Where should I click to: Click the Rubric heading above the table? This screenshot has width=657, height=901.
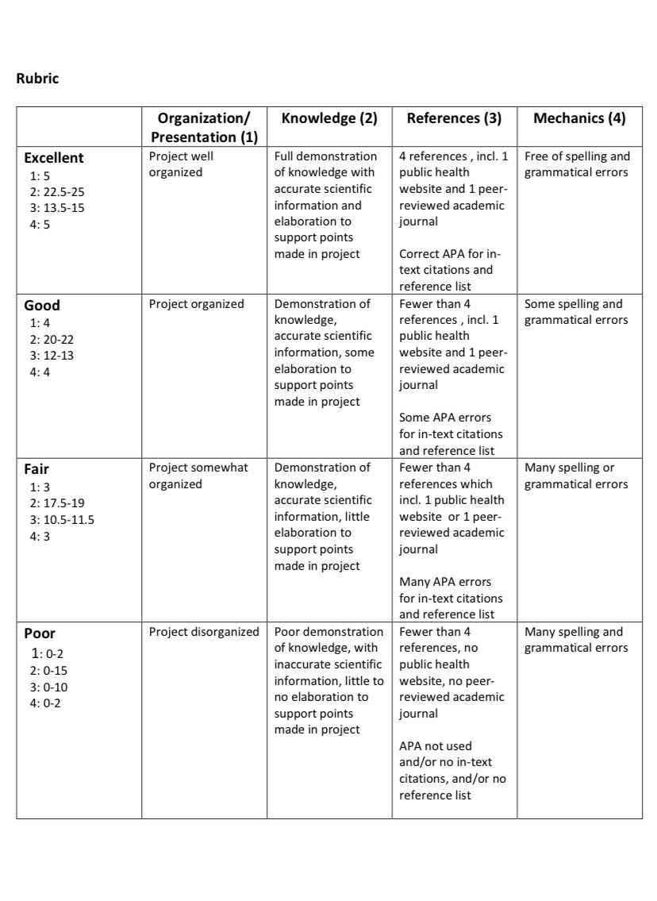click(x=37, y=79)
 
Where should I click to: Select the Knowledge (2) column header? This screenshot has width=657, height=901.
click(x=329, y=119)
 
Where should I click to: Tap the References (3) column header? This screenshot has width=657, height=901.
click(x=454, y=119)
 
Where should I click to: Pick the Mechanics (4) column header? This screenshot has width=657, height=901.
click(x=579, y=119)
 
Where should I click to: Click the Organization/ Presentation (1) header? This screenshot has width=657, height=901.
click(x=205, y=128)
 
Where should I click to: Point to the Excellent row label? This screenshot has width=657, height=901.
click(x=53, y=158)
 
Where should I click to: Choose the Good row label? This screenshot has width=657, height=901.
click(x=42, y=306)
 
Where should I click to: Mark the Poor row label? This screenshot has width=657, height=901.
click(x=40, y=633)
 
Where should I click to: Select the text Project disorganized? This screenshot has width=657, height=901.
click(x=204, y=633)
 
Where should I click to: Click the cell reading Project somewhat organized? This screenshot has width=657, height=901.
click(x=198, y=476)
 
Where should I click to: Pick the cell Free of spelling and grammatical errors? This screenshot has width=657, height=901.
click(x=577, y=164)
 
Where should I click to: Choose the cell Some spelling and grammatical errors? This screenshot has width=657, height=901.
click(x=574, y=312)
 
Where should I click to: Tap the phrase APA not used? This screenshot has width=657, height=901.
click(x=436, y=746)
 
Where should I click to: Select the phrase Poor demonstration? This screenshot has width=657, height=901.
click(x=328, y=633)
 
